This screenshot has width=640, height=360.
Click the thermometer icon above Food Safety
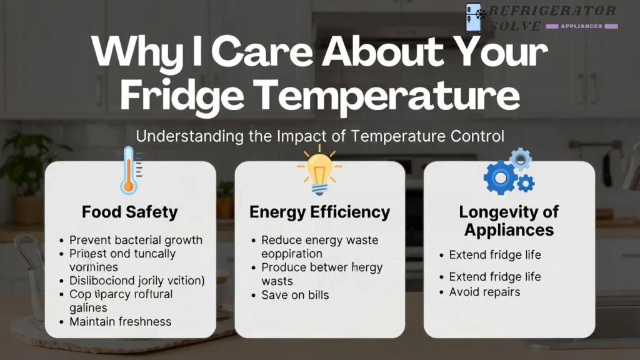point(129,170)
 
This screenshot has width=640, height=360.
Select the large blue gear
point(500,177)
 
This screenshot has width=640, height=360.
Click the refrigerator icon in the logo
point(475,17)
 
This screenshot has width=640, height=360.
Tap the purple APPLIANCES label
point(582,26)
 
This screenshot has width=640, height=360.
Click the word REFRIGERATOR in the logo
point(552,11)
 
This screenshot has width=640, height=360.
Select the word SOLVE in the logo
point(515,26)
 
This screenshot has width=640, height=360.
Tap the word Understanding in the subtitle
point(182,136)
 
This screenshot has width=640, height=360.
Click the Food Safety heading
point(130,212)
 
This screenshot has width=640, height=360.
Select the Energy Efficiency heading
point(319,212)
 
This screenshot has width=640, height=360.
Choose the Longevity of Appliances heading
point(509,221)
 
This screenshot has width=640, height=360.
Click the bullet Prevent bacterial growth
point(136,240)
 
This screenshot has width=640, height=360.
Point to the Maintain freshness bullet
point(120,322)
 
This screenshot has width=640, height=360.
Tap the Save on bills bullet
point(295,295)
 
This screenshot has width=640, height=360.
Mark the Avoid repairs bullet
point(484,292)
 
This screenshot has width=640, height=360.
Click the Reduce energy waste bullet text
point(319,240)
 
